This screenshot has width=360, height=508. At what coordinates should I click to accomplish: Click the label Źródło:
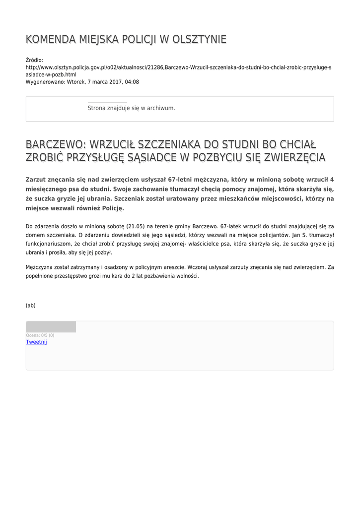click(34, 60)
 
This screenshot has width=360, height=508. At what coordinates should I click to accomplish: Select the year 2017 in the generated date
click(107, 82)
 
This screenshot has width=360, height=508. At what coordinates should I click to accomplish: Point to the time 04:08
click(131, 82)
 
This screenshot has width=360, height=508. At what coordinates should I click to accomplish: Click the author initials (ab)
click(31, 306)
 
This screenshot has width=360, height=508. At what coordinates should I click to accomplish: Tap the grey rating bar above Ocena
click(51, 327)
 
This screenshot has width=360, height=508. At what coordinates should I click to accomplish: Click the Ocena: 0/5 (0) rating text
click(40, 335)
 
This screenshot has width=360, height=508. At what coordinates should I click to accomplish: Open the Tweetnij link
click(36, 342)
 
